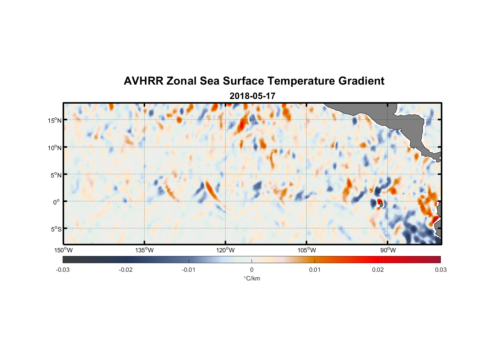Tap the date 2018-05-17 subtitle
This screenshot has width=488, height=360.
[x=252, y=96]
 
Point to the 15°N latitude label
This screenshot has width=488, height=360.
[x=54, y=120]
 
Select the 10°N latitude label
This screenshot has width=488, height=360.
[x=54, y=148]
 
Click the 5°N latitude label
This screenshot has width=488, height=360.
[x=55, y=175]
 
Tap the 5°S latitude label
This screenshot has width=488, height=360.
[x=55, y=229]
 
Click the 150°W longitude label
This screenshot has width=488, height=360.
[x=64, y=250]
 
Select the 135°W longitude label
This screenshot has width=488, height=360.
[x=145, y=250]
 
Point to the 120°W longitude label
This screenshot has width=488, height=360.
[x=226, y=250]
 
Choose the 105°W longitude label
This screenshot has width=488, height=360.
[x=307, y=250]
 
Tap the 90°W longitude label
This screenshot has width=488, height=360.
[x=388, y=250]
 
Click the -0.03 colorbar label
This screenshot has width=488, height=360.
[x=63, y=270]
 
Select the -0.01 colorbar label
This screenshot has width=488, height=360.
[x=189, y=270]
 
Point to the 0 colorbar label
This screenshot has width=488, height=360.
[x=252, y=270]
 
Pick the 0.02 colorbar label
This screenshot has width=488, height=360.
[x=378, y=270]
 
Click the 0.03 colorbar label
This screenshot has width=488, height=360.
[x=440, y=270]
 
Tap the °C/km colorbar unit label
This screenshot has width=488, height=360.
[x=252, y=278]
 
